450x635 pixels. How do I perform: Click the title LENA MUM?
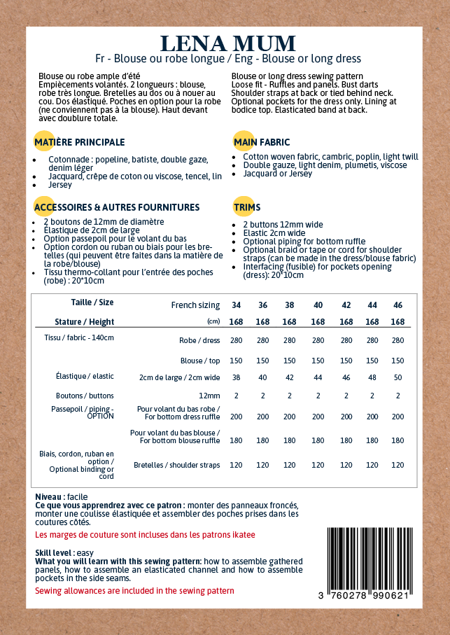point(227,43)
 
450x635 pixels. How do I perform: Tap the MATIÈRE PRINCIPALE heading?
point(79,142)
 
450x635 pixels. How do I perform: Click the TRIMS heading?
point(247,207)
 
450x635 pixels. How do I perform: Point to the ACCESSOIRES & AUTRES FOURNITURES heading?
point(116,207)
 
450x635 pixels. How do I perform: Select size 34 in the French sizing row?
point(237,305)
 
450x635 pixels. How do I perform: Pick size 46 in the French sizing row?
point(398,305)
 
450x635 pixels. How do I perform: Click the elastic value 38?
point(237,377)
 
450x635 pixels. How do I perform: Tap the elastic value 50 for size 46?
point(398,377)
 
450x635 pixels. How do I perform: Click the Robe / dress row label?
point(200,341)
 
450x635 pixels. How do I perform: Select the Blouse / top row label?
point(201,361)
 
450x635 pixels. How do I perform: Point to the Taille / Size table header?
point(92,302)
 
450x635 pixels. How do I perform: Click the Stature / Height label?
point(84,322)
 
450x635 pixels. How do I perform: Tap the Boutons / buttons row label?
point(85,396)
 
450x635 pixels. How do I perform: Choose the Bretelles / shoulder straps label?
point(176,465)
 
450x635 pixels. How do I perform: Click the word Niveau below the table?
point(49,497)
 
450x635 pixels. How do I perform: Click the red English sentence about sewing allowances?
point(134,591)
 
